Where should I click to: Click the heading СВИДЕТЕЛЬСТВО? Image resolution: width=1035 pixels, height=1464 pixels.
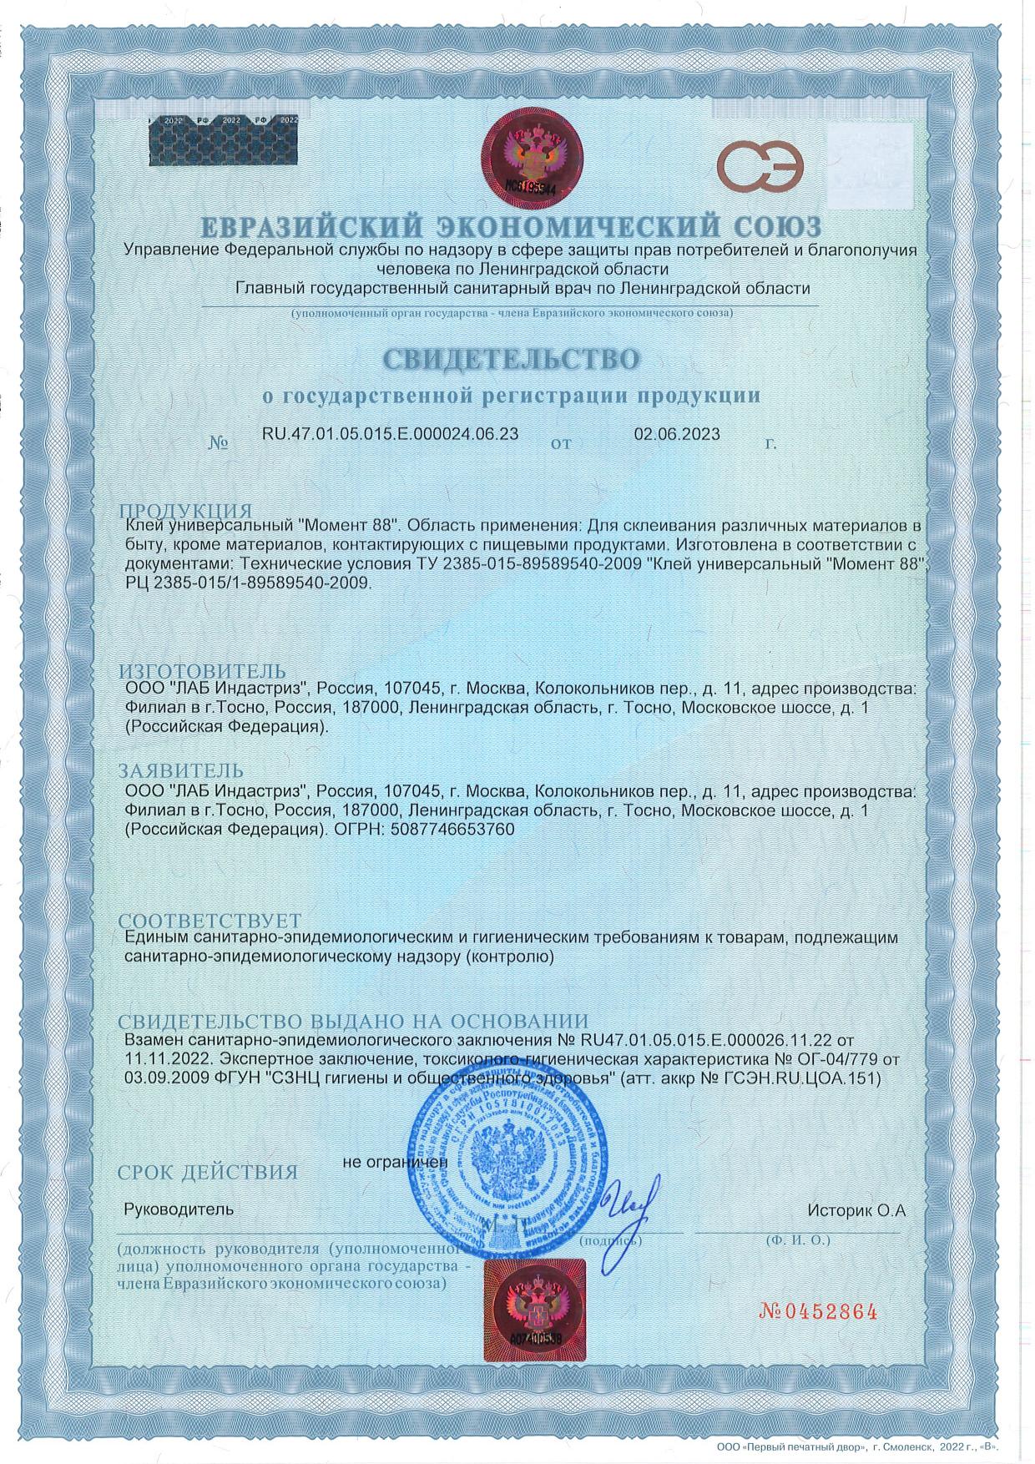point(512,358)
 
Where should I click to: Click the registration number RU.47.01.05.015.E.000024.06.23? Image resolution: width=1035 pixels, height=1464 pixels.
point(390,433)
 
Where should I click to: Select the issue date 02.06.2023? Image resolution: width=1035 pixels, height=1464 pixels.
point(677,433)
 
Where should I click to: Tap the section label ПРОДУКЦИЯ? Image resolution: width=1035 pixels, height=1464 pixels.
point(184,511)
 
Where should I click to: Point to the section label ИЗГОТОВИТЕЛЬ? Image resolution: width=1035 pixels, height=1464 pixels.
point(202,671)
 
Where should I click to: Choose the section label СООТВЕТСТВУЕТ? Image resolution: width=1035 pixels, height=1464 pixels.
point(209,921)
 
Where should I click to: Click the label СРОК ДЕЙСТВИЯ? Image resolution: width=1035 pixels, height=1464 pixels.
point(208,1172)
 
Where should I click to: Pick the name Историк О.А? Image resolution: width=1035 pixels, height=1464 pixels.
point(856,1209)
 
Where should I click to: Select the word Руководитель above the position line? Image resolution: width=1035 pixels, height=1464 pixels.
point(179,1209)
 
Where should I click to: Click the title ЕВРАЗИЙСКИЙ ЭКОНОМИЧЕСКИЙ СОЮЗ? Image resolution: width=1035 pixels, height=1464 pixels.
point(512,226)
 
